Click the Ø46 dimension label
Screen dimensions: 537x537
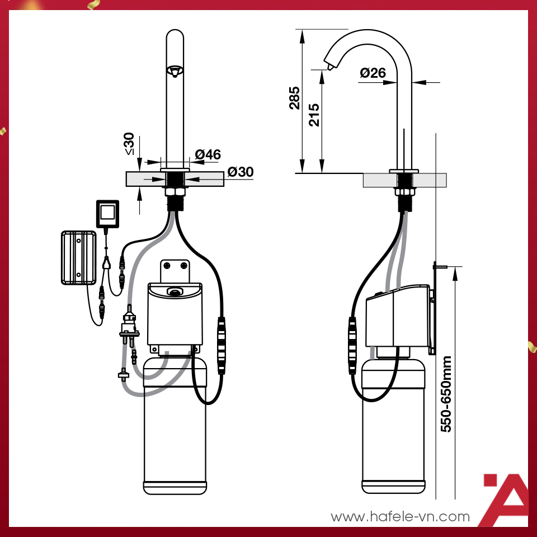(208, 155)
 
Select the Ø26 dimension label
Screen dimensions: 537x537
(373, 73)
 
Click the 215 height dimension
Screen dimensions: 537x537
(314, 115)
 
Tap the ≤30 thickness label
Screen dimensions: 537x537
(129, 144)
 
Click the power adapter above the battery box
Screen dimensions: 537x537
(107, 213)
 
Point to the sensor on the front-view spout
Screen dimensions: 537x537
(175, 72)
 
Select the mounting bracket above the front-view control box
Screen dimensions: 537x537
(175, 271)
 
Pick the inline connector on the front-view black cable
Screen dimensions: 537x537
(222, 345)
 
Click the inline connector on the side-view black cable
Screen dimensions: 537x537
(352, 345)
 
